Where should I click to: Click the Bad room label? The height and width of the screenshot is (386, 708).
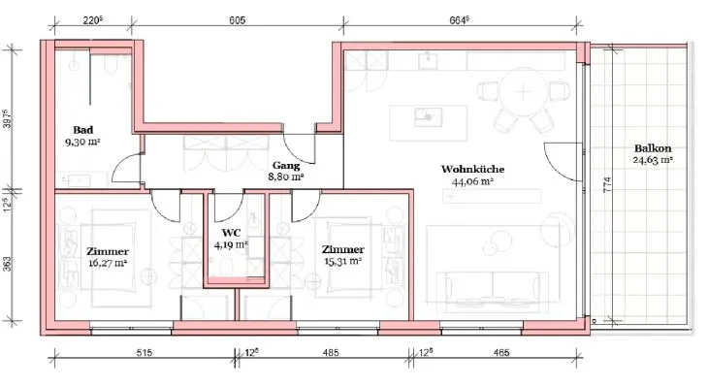83,130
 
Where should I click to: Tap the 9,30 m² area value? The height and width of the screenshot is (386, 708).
82,142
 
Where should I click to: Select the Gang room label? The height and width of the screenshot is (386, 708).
286,166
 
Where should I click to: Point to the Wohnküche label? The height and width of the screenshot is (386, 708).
472,170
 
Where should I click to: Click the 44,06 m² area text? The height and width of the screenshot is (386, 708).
472,181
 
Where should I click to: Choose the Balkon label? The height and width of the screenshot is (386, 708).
653,148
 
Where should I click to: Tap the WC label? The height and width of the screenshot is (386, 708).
231,233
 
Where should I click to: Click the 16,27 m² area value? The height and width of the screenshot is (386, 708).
108,263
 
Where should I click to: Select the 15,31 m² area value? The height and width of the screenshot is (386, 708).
342,261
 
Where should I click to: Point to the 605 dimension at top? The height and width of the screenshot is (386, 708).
238,20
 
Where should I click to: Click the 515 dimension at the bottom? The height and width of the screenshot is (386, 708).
145,353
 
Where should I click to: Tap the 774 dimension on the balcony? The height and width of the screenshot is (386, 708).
607,184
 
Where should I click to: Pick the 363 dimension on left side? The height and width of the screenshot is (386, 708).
7,264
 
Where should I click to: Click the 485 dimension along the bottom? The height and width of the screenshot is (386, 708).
331,353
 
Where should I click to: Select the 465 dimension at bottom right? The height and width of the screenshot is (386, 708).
501,353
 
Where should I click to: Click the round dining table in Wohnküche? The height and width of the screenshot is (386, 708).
524,92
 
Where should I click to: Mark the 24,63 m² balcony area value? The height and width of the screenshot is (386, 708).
653,160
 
